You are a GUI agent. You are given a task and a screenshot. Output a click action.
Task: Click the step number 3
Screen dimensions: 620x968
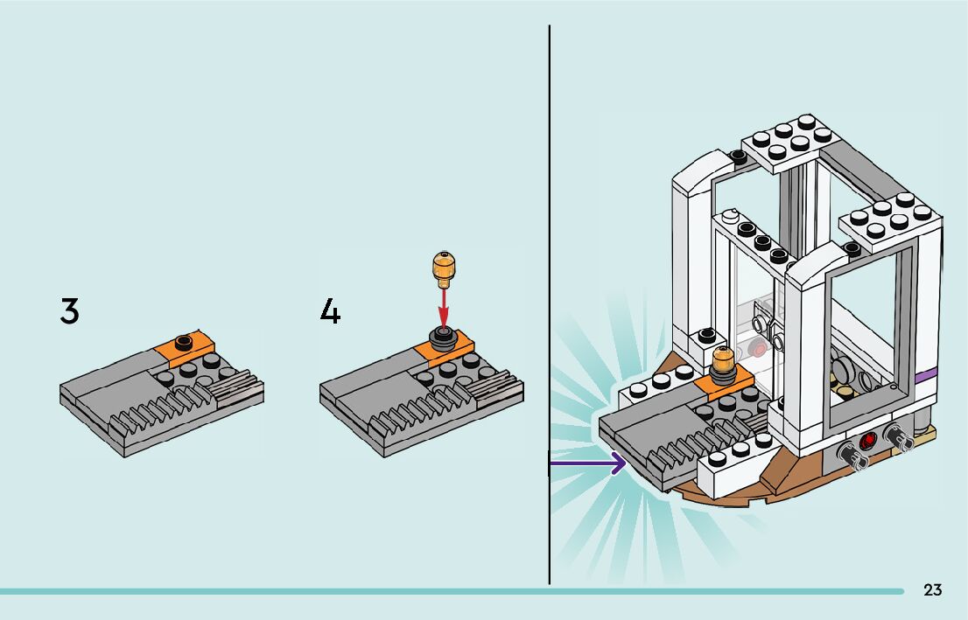coord(69,311)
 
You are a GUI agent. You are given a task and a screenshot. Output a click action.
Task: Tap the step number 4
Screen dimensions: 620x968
coord(330,311)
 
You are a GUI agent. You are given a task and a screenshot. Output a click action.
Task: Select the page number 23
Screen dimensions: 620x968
coord(932,590)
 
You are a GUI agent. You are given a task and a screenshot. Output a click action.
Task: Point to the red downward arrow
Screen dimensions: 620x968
coord(444,306)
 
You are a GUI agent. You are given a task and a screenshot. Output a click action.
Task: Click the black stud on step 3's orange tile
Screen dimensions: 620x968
coord(183,340)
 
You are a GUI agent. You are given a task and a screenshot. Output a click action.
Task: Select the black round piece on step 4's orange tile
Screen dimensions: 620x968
coord(444,338)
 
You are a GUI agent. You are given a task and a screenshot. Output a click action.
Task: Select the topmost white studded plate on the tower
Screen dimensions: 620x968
coord(789,140)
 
